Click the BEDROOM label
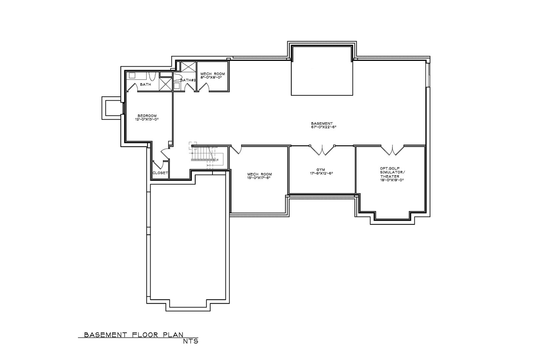point(147,116)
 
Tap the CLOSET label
point(160,173)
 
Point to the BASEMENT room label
point(322,123)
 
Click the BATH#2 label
point(188,80)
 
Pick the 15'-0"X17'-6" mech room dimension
point(260,178)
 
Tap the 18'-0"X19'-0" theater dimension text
point(390,180)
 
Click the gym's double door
point(322,150)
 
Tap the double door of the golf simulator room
point(392,150)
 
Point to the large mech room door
point(236,150)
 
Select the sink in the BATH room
point(132,76)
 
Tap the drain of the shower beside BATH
point(166,84)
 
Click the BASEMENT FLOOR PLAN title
point(134,334)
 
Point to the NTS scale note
point(191,341)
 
